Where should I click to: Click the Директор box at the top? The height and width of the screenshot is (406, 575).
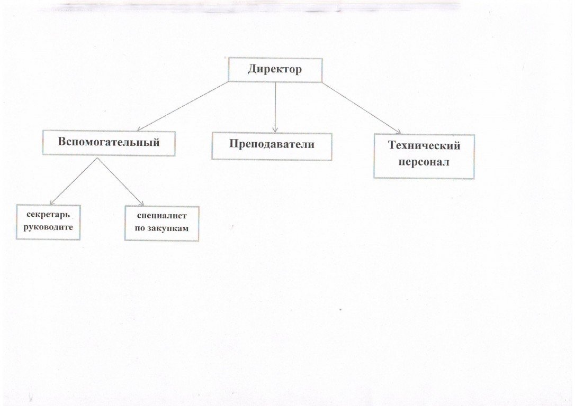pos(275,70)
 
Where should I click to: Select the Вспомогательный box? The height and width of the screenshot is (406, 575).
pos(109,143)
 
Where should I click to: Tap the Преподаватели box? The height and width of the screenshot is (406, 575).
pos(272,146)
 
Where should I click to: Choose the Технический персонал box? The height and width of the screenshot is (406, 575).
pos(424,156)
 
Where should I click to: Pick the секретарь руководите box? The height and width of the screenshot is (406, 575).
pos(48,222)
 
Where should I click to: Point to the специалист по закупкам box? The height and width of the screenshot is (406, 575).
pos(161,223)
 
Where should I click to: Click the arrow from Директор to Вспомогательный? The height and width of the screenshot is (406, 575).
pos(183,106)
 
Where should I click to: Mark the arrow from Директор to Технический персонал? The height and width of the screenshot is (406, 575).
pos(362,108)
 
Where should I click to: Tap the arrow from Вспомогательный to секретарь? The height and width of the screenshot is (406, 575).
pos(74,181)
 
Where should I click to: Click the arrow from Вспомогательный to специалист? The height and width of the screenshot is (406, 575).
pos(120,182)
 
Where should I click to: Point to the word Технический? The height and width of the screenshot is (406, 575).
pos(424,146)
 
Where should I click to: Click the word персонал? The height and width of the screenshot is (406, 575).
pos(424,162)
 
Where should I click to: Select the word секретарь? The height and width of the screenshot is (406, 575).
pos(48,215)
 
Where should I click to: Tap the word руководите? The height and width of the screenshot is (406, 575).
pos(48,227)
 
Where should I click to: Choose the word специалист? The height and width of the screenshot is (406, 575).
pos(161,216)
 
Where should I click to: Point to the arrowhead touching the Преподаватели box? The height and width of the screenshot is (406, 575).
pos(275,129)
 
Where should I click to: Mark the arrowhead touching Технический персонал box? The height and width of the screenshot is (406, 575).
pos(398,132)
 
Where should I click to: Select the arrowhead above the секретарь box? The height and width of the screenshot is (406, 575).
pos(52,202)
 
